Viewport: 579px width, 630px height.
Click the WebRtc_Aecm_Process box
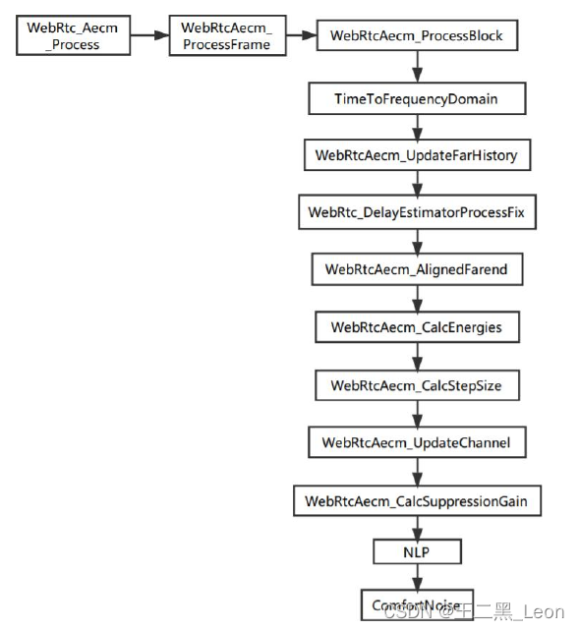[72, 35]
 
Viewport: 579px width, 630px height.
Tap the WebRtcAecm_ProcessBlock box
[416, 36]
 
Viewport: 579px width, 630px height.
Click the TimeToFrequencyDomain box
[416, 99]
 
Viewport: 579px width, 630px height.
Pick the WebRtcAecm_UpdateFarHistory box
[416, 155]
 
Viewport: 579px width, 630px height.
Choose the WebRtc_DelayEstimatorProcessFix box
[416, 212]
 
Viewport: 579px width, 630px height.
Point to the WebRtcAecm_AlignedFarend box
[416, 269]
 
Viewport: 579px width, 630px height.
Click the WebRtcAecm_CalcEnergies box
[416, 327]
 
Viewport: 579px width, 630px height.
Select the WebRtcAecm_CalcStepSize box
[416, 385]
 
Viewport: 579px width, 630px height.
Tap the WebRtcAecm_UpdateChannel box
[416, 443]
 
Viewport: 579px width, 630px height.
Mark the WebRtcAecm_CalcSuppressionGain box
[416, 501]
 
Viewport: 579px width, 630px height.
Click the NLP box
[416, 552]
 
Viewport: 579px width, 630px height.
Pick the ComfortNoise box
[416, 605]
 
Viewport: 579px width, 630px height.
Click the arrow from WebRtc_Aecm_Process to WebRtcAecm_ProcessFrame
[147, 35]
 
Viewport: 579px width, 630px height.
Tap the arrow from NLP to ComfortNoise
[417, 578]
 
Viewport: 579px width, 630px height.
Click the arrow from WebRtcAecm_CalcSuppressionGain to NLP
[417, 528]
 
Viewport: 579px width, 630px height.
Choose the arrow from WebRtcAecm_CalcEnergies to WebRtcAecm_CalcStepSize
[417, 356]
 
